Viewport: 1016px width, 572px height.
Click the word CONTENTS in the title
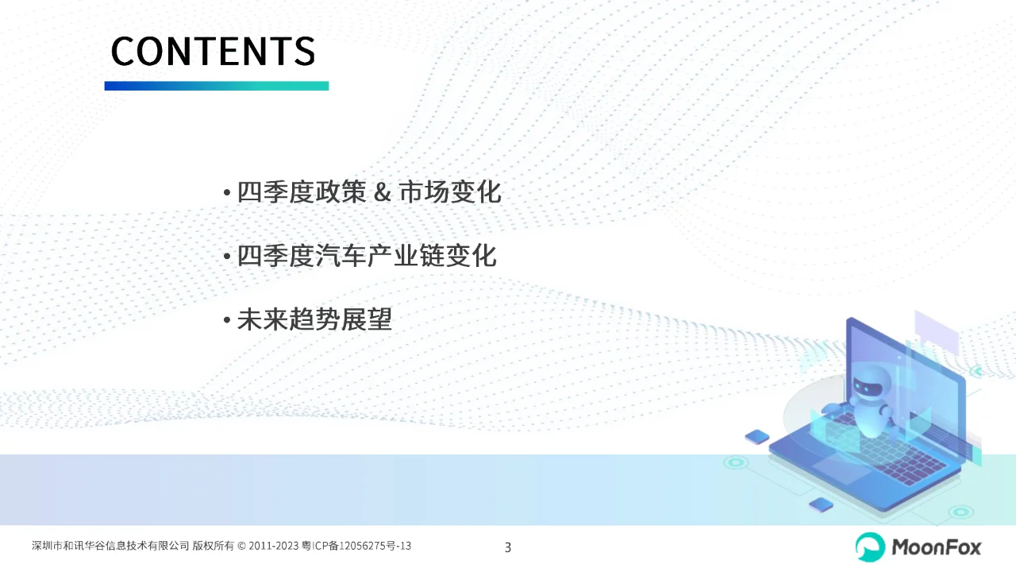pos(213,51)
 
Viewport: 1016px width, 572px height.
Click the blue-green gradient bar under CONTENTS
pos(216,86)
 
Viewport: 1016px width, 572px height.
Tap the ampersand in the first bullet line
pos(382,193)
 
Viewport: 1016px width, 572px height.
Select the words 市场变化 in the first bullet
pos(450,193)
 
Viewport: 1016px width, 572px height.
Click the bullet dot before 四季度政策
pos(227,194)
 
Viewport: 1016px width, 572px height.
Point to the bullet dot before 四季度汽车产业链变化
pos(227,257)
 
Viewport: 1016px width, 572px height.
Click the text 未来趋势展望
pos(314,320)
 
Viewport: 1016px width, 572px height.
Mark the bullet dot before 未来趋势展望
pos(227,321)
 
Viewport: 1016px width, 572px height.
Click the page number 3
pos(508,547)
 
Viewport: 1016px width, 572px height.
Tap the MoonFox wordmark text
pos(937,547)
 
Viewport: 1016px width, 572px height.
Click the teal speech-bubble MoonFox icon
pos(870,547)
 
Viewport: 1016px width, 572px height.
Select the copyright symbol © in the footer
pos(241,546)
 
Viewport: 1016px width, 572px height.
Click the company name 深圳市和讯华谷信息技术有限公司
pos(110,546)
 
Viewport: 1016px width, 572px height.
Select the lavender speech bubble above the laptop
pos(937,332)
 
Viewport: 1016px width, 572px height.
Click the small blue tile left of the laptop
pos(757,436)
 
